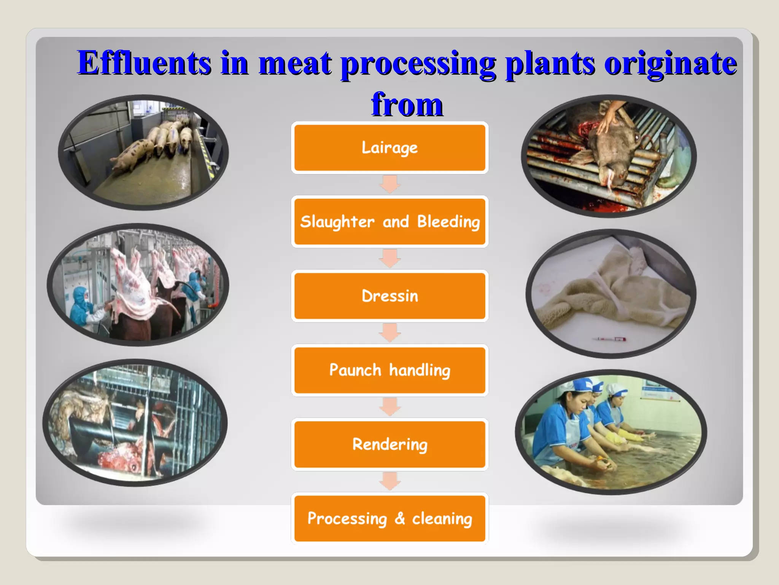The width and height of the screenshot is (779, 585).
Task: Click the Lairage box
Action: tap(389, 148)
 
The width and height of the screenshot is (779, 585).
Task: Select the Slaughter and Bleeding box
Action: tap(389, 222)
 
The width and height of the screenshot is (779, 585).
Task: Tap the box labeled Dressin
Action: tap(389, 296)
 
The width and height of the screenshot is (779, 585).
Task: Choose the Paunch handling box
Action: tap(389, 370)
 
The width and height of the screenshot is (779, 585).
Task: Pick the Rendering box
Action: tap(389, 444)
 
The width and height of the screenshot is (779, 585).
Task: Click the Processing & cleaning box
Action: tap(389, 518)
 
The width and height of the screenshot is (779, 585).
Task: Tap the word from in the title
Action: tap(407, 104)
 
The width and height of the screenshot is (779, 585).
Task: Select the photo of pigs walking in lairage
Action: tap(143, 152)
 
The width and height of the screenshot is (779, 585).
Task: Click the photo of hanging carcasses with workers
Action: tap(138, 285)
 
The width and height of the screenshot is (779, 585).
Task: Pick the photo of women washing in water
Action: tap(611, 432)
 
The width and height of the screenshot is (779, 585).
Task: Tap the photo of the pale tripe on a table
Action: tap(611, 293)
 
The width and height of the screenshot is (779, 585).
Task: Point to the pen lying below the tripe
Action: tap(610, 339)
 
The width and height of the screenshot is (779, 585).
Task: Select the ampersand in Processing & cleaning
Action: tap(400, 518)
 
